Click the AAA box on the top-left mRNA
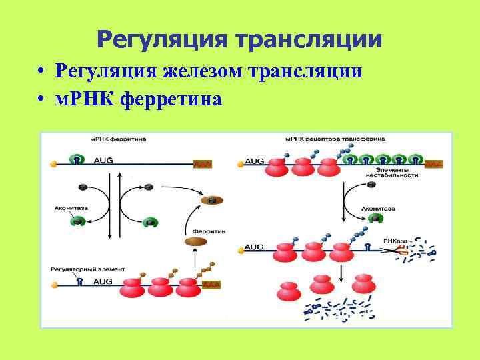(202, 163)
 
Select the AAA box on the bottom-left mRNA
(211, 285)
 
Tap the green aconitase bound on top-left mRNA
(78, 159)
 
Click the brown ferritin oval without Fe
(195, 241)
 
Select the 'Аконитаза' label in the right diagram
(378, 209)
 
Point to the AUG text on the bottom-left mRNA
(103, 282)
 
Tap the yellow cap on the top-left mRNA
(53, 163)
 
